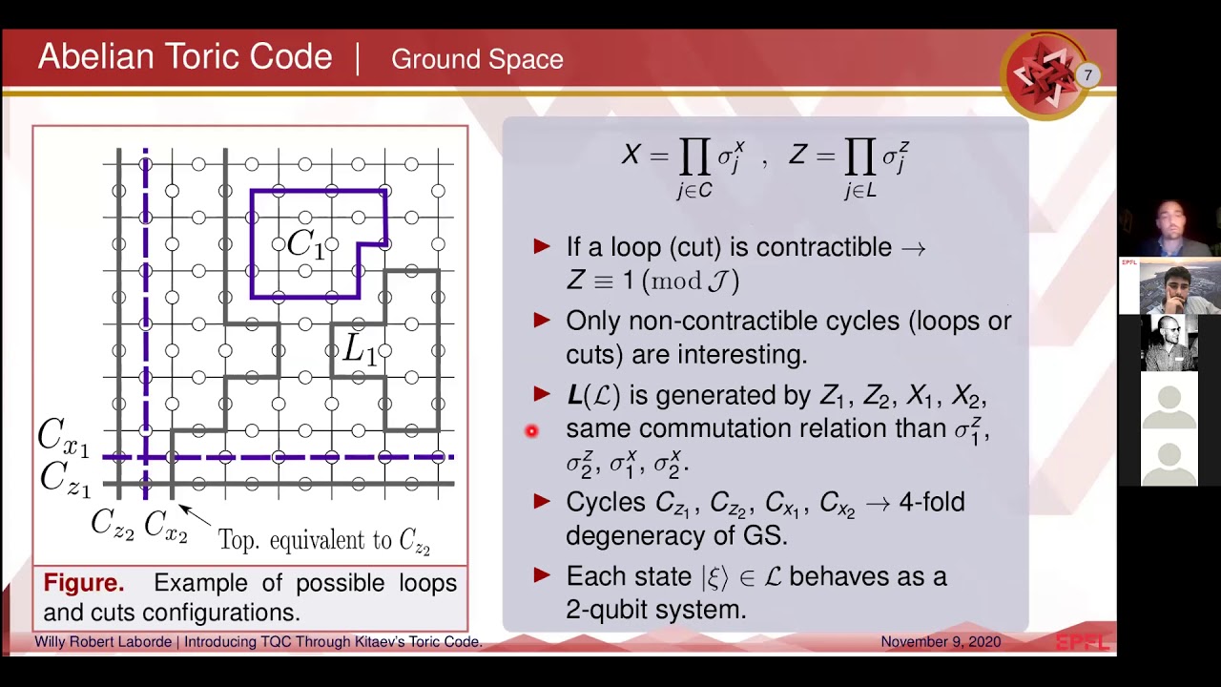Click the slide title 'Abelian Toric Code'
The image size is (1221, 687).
pyautogui.click(x=184, y=58)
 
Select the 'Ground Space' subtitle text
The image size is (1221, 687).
pyautogui.click(x=477, y=59)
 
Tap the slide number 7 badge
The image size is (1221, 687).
pyautogui.click(x=1086, y=75)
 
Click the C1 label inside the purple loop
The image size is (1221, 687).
pyautogui.click(x=305, y=244)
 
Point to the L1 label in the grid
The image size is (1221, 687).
pyautogui.click(x=359, y=350)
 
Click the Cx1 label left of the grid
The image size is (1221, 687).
pyautogui.click(x=63, y=437)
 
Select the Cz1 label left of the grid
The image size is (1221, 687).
pyautogui.click(x=65, y=477)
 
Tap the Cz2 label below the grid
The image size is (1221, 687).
pyautogui.click(x=113, y=523)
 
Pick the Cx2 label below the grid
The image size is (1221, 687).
pyautogui.click(x=166, y=523)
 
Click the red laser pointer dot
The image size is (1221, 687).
pyautogui.click(x=531, y=431)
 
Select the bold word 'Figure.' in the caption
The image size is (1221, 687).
pyautogui.click(x=84, y=583)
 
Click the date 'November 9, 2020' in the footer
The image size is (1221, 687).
pyautogui.click(x=941, y=642)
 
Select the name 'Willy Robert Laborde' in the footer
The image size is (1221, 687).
pyautogui.click(x=103, y=642)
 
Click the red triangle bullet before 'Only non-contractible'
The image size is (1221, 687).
pyautogui.click(x=543, y=322)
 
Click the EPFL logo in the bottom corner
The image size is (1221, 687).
pyautogui.click(x=1083, y=642)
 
